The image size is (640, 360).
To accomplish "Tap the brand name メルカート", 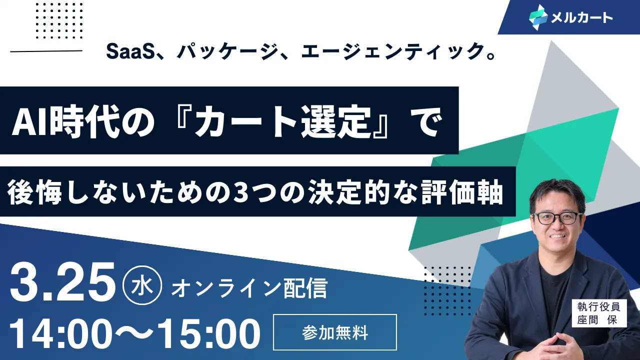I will [x=582, y=17].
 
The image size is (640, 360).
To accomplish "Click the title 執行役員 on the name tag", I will [x=598, y=306].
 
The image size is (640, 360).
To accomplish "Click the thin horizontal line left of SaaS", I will [x=46, y=51].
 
